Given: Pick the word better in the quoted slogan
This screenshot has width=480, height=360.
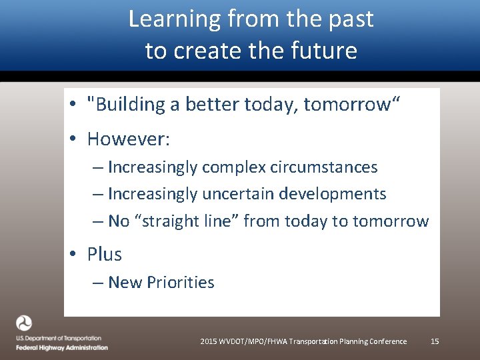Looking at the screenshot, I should point(215,105).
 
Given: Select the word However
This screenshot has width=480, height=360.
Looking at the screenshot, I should point(129,139).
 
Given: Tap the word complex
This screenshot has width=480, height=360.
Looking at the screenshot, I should point(235,167).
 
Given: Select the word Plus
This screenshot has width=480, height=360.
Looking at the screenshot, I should point(105,255).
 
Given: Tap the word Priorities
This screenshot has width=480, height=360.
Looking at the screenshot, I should point(181,283).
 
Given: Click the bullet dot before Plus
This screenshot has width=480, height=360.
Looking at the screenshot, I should point(77,255).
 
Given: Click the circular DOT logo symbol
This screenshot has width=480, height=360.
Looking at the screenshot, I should point(24,323).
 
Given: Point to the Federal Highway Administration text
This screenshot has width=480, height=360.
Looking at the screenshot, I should point(63,347).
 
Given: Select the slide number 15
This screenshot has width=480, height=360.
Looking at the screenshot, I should point(435,341).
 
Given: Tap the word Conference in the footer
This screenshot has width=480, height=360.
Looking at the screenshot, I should point(387,341).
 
